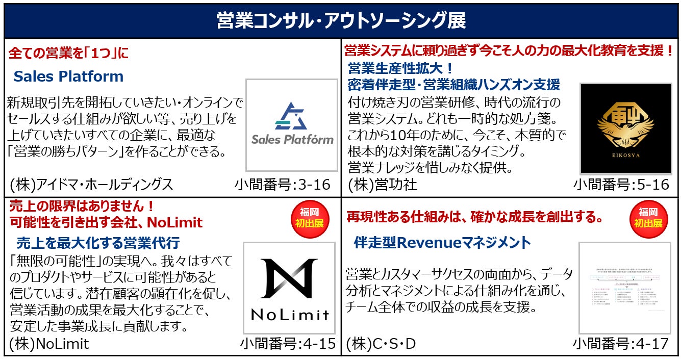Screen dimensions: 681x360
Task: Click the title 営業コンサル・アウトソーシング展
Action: click(x=340, y=21)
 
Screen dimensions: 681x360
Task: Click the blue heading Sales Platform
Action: click(x=68, y=76)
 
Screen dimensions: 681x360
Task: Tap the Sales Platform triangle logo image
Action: click(x=292, y=125)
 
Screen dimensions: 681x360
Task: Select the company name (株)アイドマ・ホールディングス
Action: click(x=91, y=184)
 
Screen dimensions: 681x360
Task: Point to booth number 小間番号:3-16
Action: click(x=283, y=184)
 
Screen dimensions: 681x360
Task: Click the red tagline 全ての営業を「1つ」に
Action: click(x=69, y=53)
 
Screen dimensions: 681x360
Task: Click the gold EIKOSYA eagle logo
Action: click(x=625, y=128)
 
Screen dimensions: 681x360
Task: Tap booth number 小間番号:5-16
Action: click(x=621, y=184)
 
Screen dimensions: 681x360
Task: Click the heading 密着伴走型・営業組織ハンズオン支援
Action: click(x=454, y=84)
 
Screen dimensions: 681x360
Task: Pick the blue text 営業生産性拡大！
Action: click(x=401, y=68)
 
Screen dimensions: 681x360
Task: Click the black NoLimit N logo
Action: click(x=289, y=288)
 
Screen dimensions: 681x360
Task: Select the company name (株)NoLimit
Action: click(x=49, y=344)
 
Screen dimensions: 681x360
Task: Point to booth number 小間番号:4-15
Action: click(x=288, y=344)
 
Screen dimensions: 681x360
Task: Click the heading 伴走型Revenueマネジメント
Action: click(x=442, y=242)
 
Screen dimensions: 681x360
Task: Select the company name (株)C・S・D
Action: click(x=381, y=344)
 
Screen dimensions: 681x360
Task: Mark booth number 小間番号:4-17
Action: click(x=621, y=344)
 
